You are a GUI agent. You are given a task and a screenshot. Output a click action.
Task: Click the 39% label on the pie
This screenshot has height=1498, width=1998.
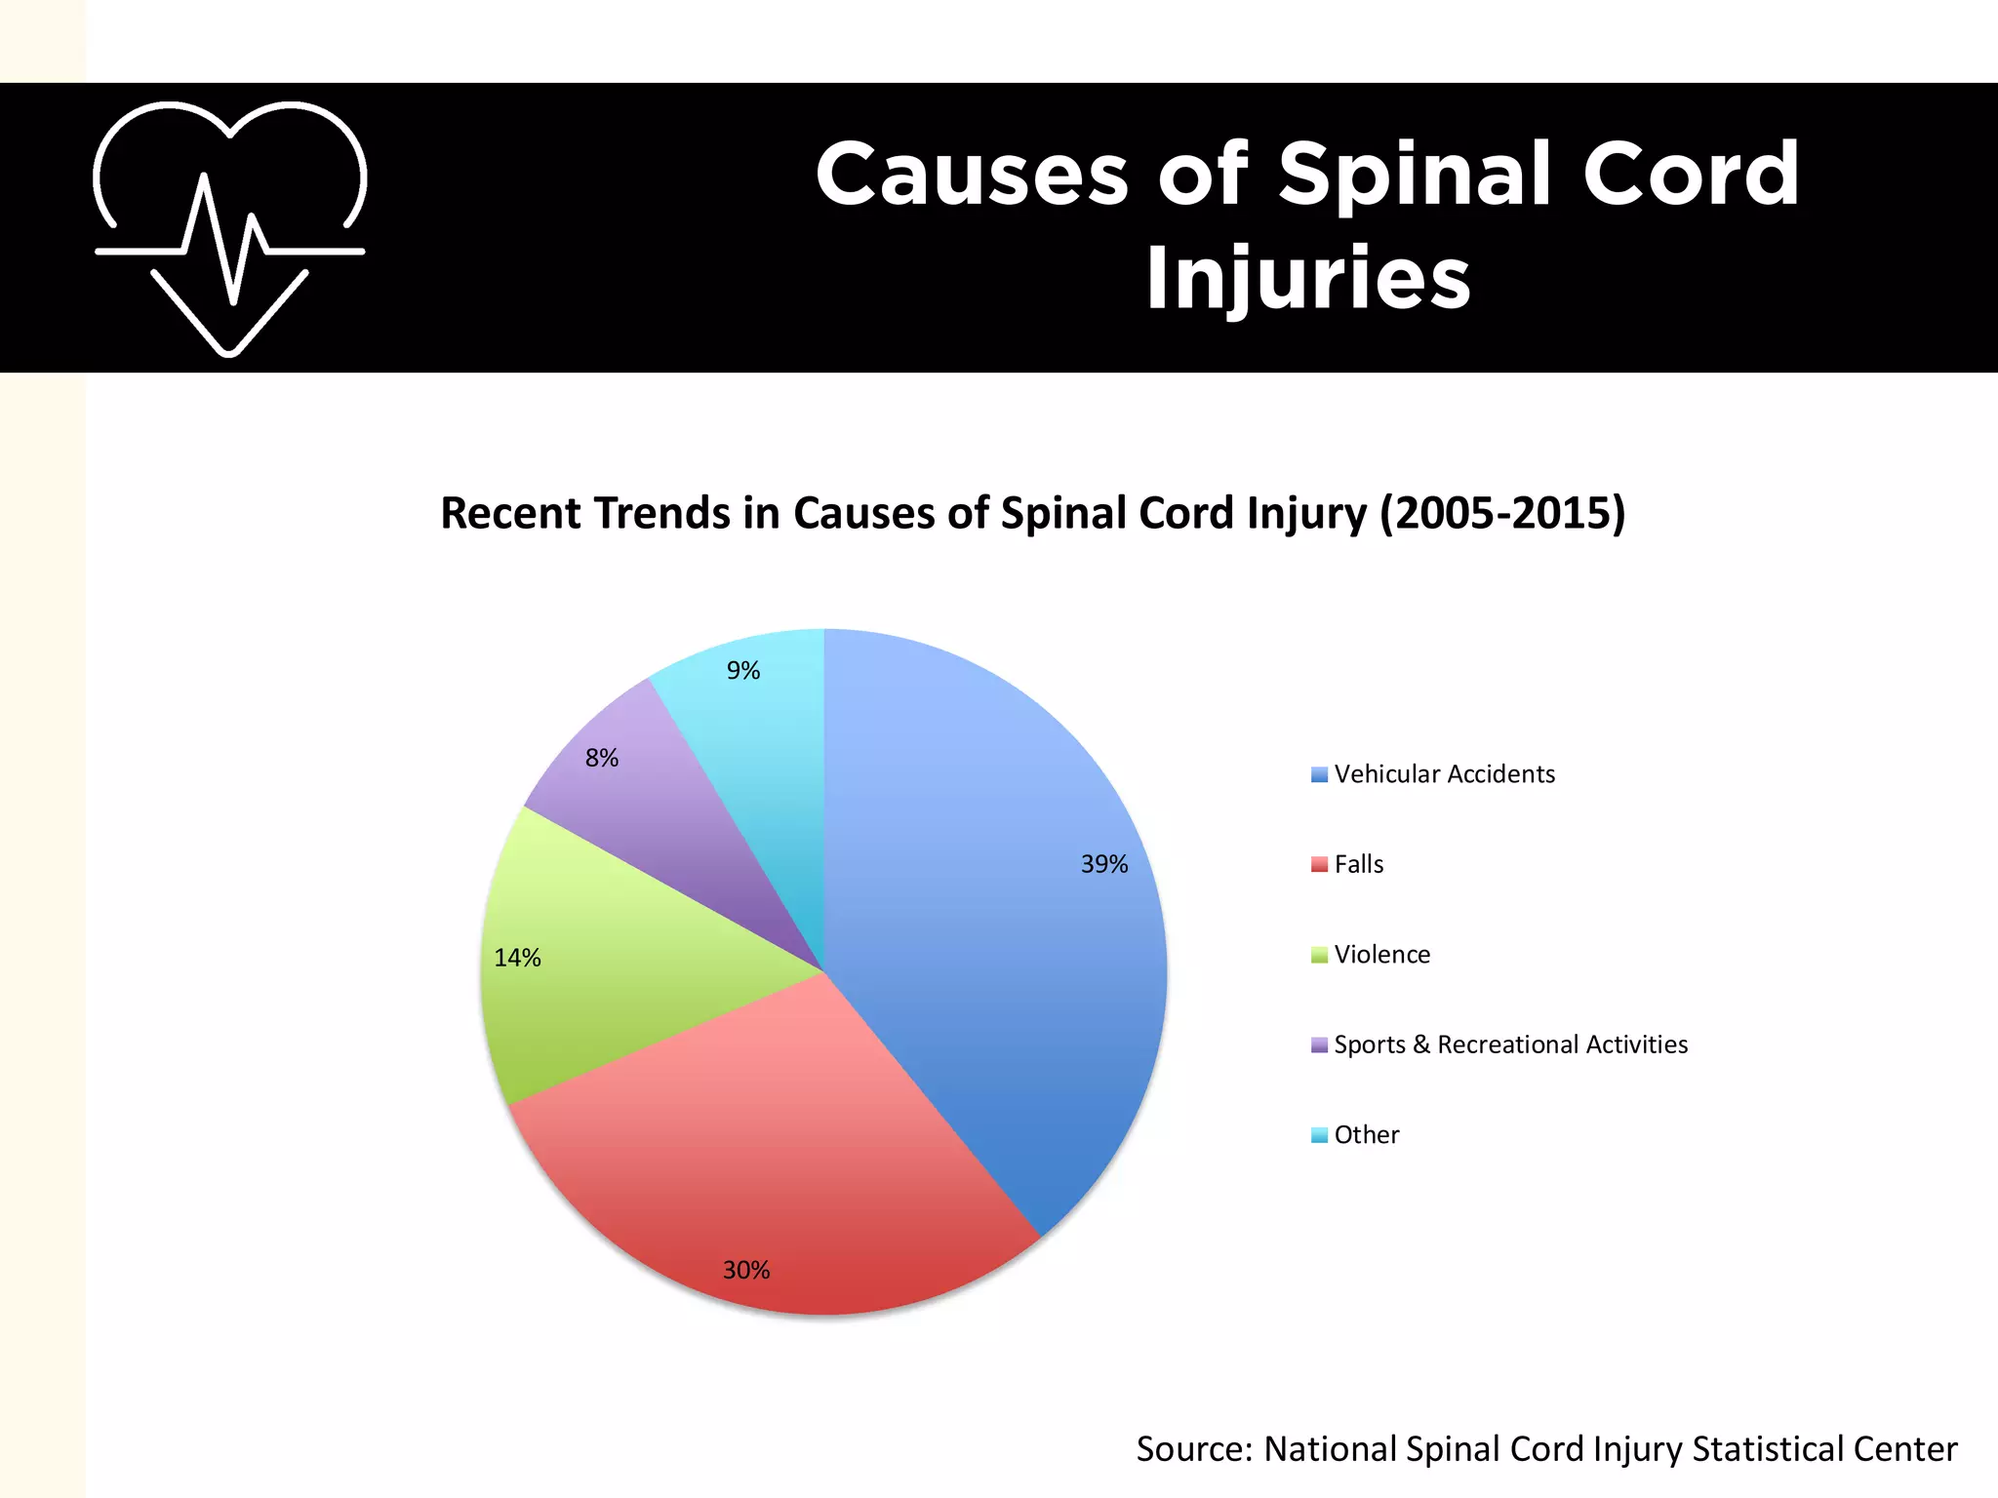pos(1103,864)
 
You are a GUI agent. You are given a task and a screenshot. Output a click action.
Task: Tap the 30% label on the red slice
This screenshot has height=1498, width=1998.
pos(746,1270)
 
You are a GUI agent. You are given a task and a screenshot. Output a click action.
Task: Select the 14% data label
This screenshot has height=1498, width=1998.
pos(517,958)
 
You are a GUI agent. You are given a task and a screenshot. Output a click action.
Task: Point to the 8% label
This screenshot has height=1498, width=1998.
pos(602,758)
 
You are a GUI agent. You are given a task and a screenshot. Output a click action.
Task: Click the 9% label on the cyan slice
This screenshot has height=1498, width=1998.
pos(742,670)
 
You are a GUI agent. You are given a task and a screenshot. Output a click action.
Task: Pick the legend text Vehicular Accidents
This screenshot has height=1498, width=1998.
pos(1444,774)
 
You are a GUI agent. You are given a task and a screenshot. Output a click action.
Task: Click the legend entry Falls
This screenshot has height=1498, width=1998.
pos(1359,864)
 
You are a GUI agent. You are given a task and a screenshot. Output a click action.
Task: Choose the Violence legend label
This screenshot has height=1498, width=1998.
pos(1381,955)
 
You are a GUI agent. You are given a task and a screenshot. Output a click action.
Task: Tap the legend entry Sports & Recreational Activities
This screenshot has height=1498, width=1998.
pos(1510,1045)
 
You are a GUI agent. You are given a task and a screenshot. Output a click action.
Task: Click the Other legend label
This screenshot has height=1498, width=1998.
pos(1366,1135)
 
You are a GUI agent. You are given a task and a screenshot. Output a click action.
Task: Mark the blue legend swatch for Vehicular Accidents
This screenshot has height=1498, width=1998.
pos(1319,775)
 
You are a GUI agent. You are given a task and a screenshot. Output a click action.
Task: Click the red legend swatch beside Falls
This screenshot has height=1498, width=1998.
pos(1319,865)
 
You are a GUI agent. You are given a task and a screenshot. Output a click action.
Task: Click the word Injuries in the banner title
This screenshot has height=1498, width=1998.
pos(1307,278)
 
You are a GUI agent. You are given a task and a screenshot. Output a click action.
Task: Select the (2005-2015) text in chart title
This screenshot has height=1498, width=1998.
pos(1502,513)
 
